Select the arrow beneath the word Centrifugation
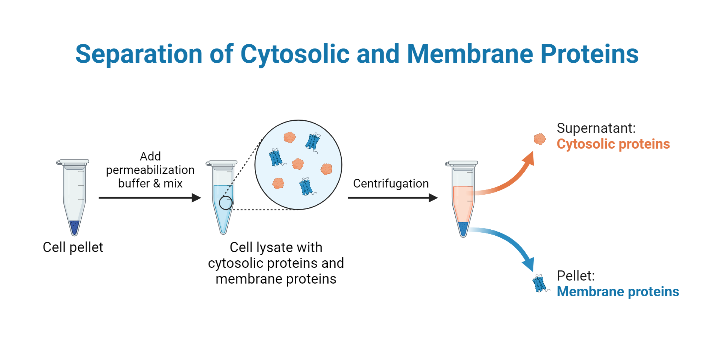[x=392, y=198]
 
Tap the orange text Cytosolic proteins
[x=613, y=144]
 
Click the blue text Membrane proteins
[x=617, y=291]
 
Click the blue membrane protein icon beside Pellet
[x=540, y=285]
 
